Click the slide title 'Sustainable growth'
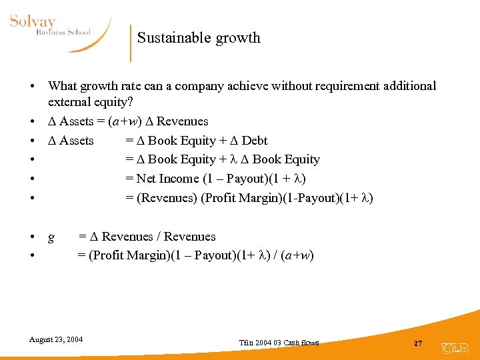pyautogui.click(x=199, y=38)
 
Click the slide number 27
pyautogui.click(x=418, y=343)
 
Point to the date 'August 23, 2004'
pyautogui.click(x=56, y=339)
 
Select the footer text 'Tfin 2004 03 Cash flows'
pyautogui.click(x=279, y=343)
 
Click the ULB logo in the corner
pyautogui.click(x=455, y=348)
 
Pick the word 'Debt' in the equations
pyautogui.click(x=255, y=141)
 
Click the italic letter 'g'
pyautogui.click(x=51, y=237)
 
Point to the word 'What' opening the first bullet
pyautogui.click(x=63, y=86)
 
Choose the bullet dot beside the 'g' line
pyautogui.click(x=32, y=237)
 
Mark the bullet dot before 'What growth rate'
pyautogui.click(x=32, y=87)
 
